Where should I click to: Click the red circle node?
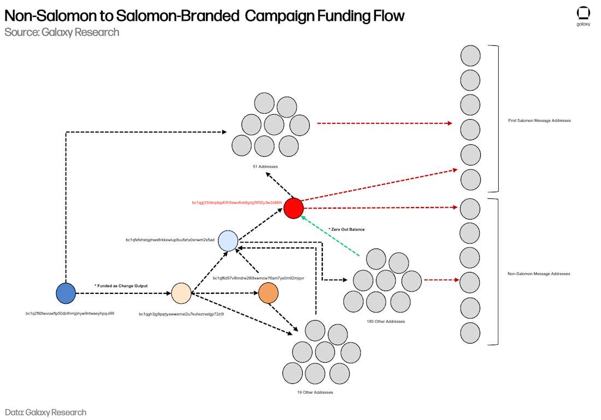(293, 208)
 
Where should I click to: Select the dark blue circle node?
(66, 293)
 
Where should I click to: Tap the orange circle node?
(268, 293)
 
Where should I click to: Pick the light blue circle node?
(228, 241)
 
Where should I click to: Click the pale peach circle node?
(181, 293)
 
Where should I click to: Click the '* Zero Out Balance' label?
(346, 229)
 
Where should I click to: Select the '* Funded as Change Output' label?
(121, 286)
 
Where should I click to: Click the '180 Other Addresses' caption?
(386, 321)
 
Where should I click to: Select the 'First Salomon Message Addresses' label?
(539, 120)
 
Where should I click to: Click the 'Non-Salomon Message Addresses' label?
(539, 274)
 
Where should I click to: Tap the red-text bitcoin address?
(237, 203)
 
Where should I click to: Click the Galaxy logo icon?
(584, 13)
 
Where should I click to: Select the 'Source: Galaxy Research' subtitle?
(62, 32)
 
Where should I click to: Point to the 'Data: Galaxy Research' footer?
(45, 412)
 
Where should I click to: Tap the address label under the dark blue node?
(70, 313)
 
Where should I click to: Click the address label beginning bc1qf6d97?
(258, 278)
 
